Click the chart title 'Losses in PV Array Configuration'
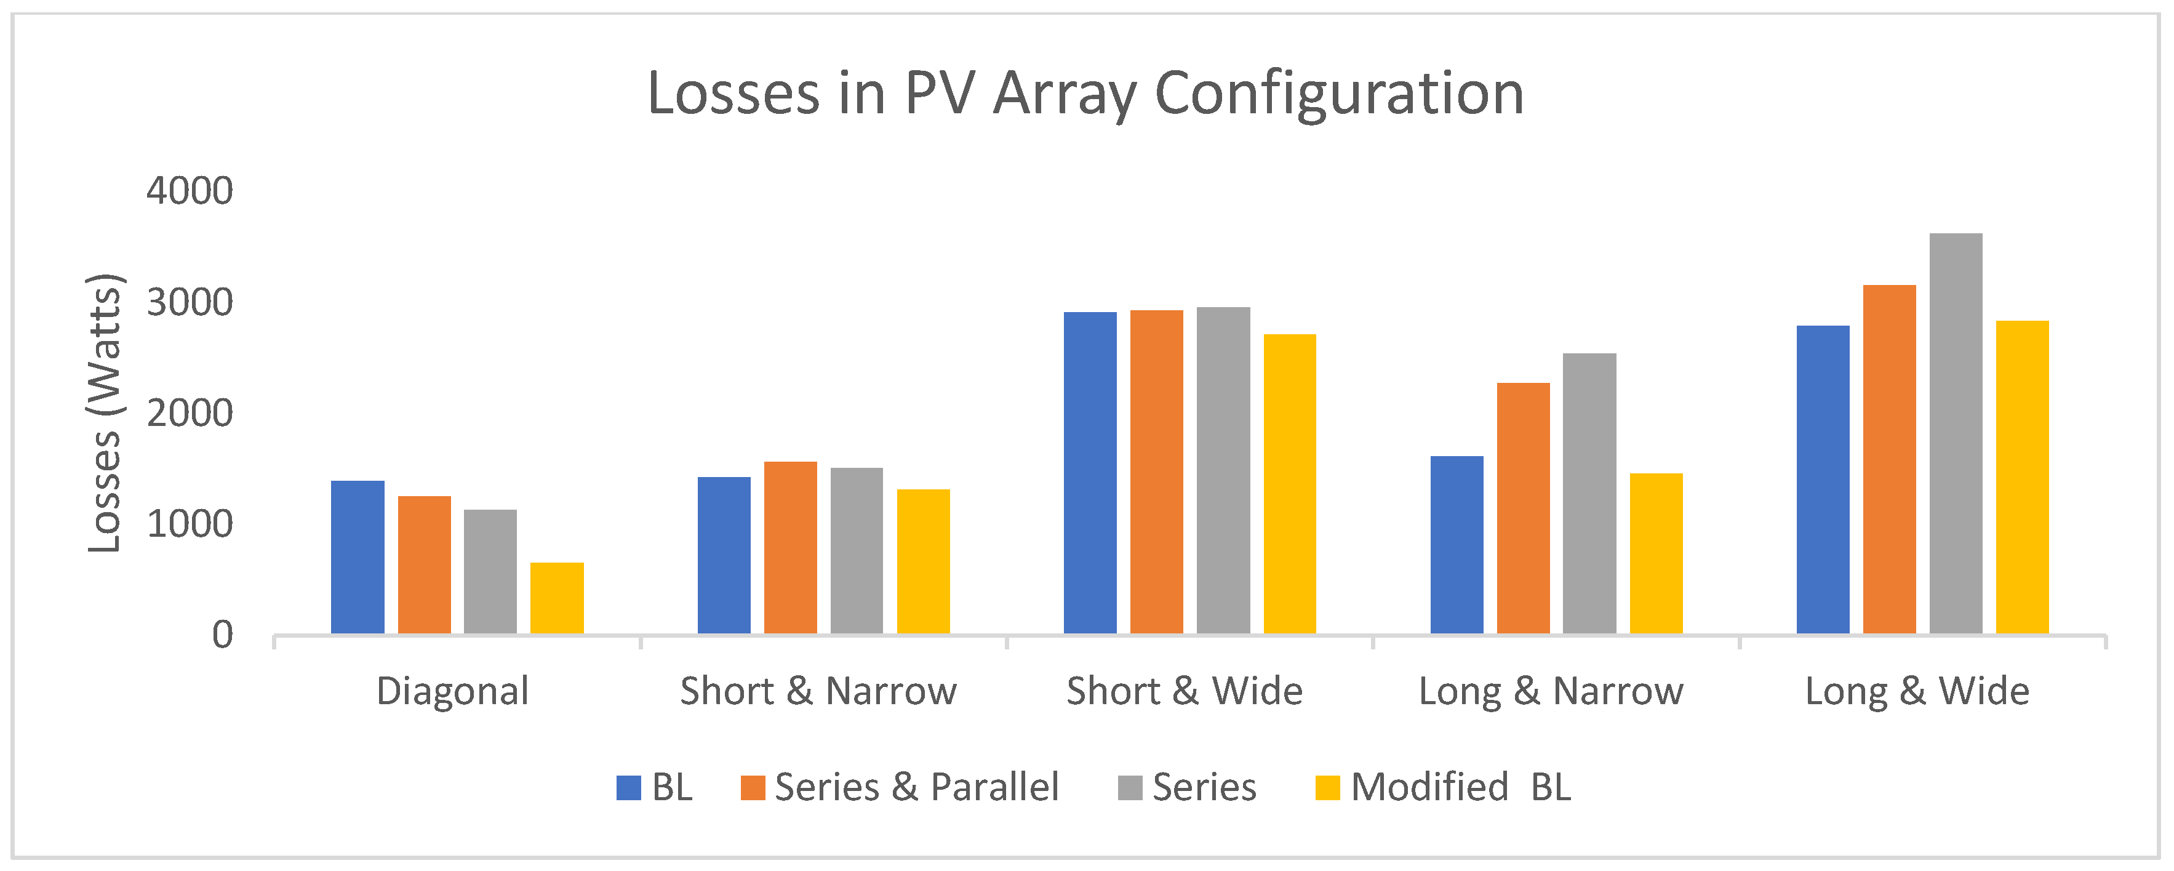tap(1085, 93)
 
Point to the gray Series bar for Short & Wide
tap(1223, 470)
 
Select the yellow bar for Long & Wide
tap(2021, 477)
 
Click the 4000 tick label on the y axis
tap(189, 191)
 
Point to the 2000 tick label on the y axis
tap(189, 414)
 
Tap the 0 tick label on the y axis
tap(222, 635)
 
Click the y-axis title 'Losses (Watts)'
tap(105, 414)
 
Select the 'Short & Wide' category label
tap(1184, 691)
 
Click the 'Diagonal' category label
tap(452, 691)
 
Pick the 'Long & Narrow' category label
tap(1550, 691)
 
